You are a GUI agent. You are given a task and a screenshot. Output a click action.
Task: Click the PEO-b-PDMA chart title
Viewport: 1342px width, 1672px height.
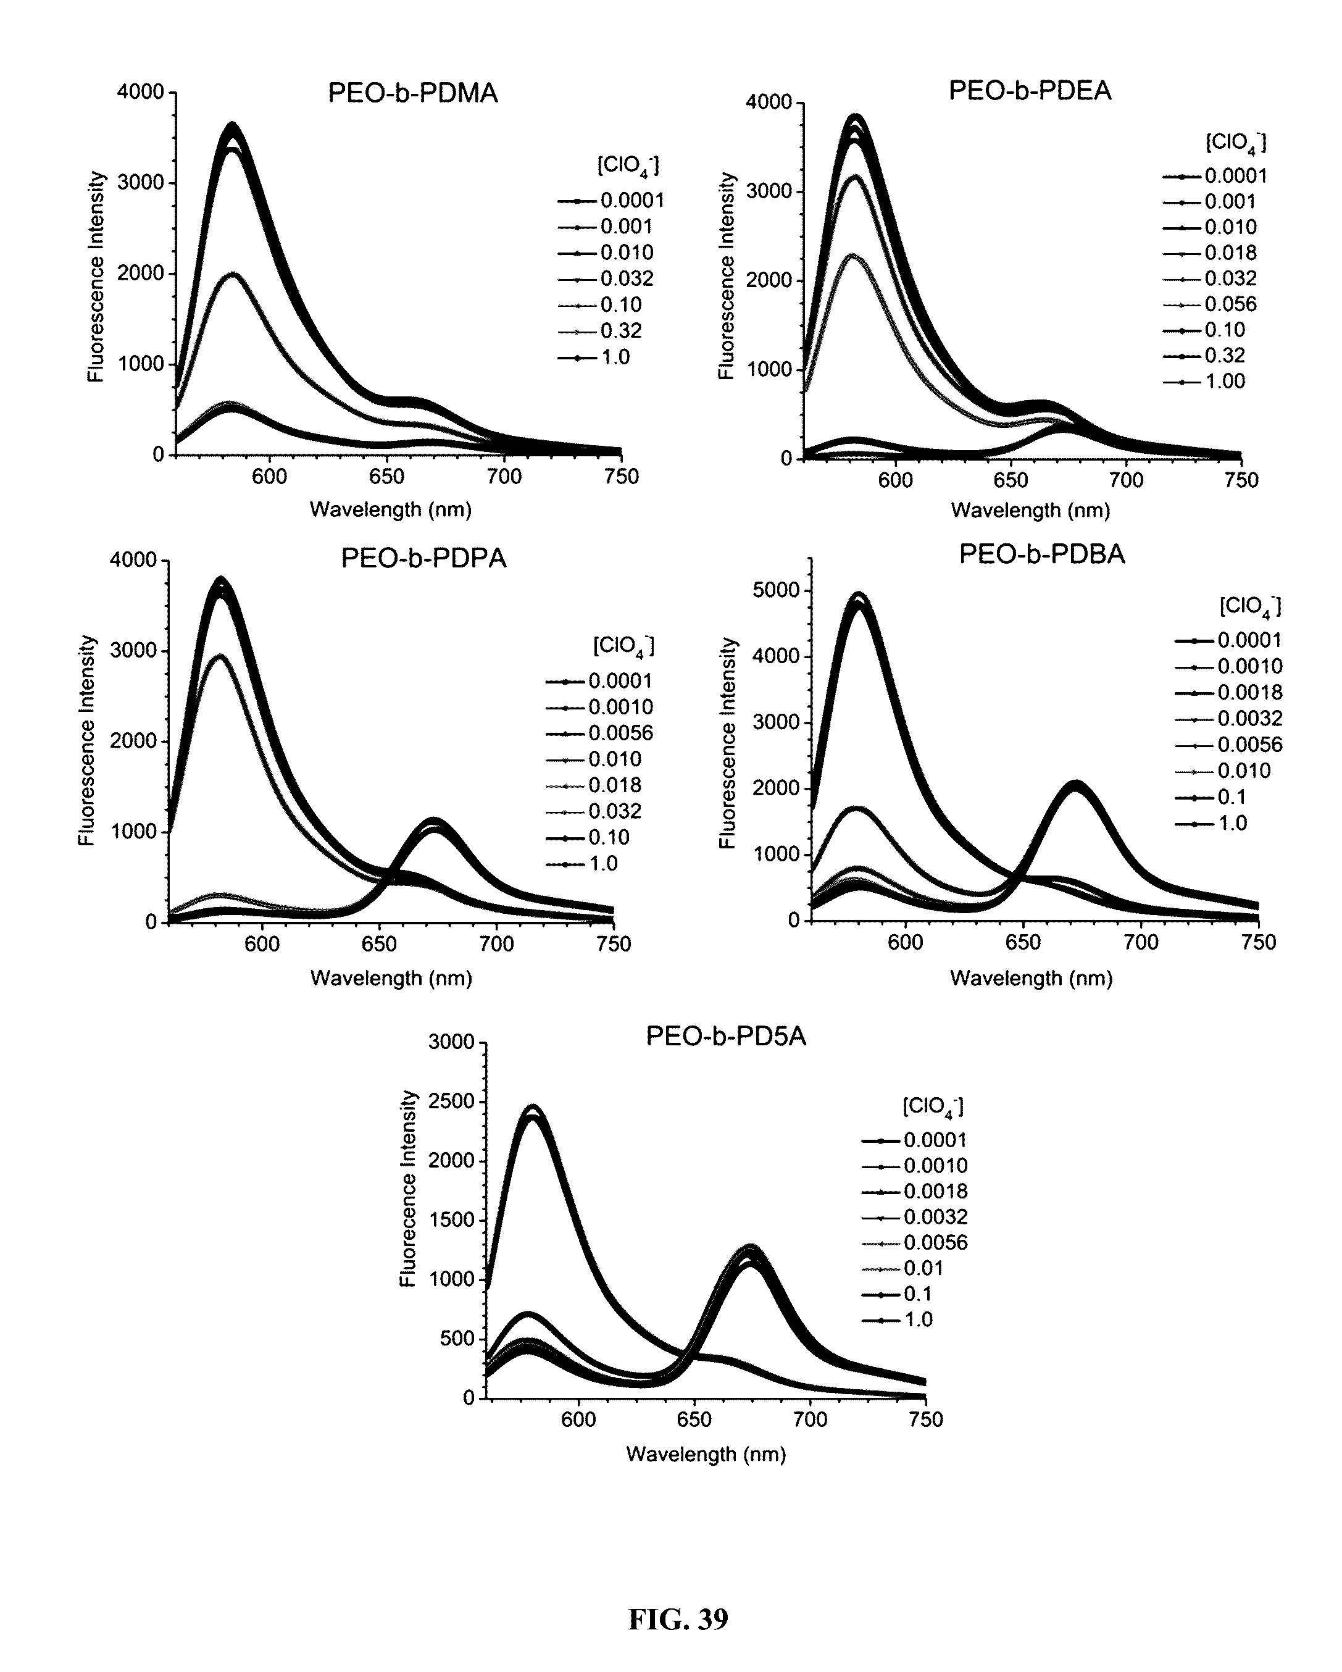point(412,93)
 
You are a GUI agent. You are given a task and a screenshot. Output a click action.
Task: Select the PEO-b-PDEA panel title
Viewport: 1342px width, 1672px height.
point(1030,91)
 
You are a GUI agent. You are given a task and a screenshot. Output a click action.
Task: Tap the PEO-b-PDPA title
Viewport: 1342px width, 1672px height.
point(423,558)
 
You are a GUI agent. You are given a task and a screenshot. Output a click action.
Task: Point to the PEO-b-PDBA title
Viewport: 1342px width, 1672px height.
point(1041,554)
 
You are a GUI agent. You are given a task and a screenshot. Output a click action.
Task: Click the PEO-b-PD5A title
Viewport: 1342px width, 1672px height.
point(726,1037)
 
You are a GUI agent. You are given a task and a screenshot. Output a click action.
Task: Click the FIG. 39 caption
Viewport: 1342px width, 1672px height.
point(678,1620)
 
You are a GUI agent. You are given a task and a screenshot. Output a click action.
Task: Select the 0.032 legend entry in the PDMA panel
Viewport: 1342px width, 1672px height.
point(627,278)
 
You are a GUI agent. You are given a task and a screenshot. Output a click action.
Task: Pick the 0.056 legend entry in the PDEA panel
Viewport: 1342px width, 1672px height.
point(1230,304)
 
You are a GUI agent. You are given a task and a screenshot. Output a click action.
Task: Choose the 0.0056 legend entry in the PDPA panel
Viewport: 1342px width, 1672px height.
point(620,733)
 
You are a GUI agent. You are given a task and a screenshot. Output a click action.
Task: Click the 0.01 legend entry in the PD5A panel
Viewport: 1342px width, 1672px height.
point(923,1268)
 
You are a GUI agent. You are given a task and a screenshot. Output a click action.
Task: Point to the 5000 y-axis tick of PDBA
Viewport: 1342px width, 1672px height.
point(778,591)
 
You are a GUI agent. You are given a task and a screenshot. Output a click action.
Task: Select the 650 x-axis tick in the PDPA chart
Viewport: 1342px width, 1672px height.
point(379,944)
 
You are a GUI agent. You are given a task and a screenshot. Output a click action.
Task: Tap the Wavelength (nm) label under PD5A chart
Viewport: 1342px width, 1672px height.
point(706,1454)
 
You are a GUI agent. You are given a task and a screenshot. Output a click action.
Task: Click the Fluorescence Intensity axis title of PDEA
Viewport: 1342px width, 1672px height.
point(727,276)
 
